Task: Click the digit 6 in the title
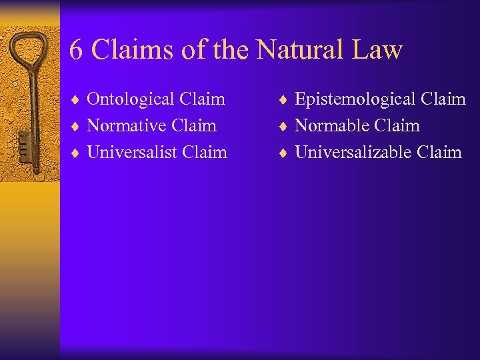click(x=77, y=50)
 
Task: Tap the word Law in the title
click(x=379, y=50)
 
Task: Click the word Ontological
click(x=132, y=99)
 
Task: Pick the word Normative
click(x=128, y=125)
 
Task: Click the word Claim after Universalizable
click(x=439, y=152)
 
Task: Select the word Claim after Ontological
click(x=203, y=99)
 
